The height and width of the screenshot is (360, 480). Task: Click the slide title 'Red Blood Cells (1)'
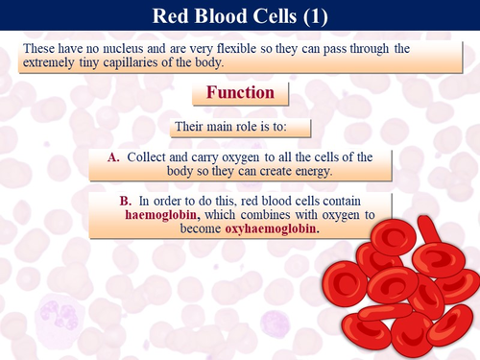(x=240, y=17)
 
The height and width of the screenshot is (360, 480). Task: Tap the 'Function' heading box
(x=240, y=93)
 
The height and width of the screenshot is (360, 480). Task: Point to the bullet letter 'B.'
(x=126, y=200)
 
